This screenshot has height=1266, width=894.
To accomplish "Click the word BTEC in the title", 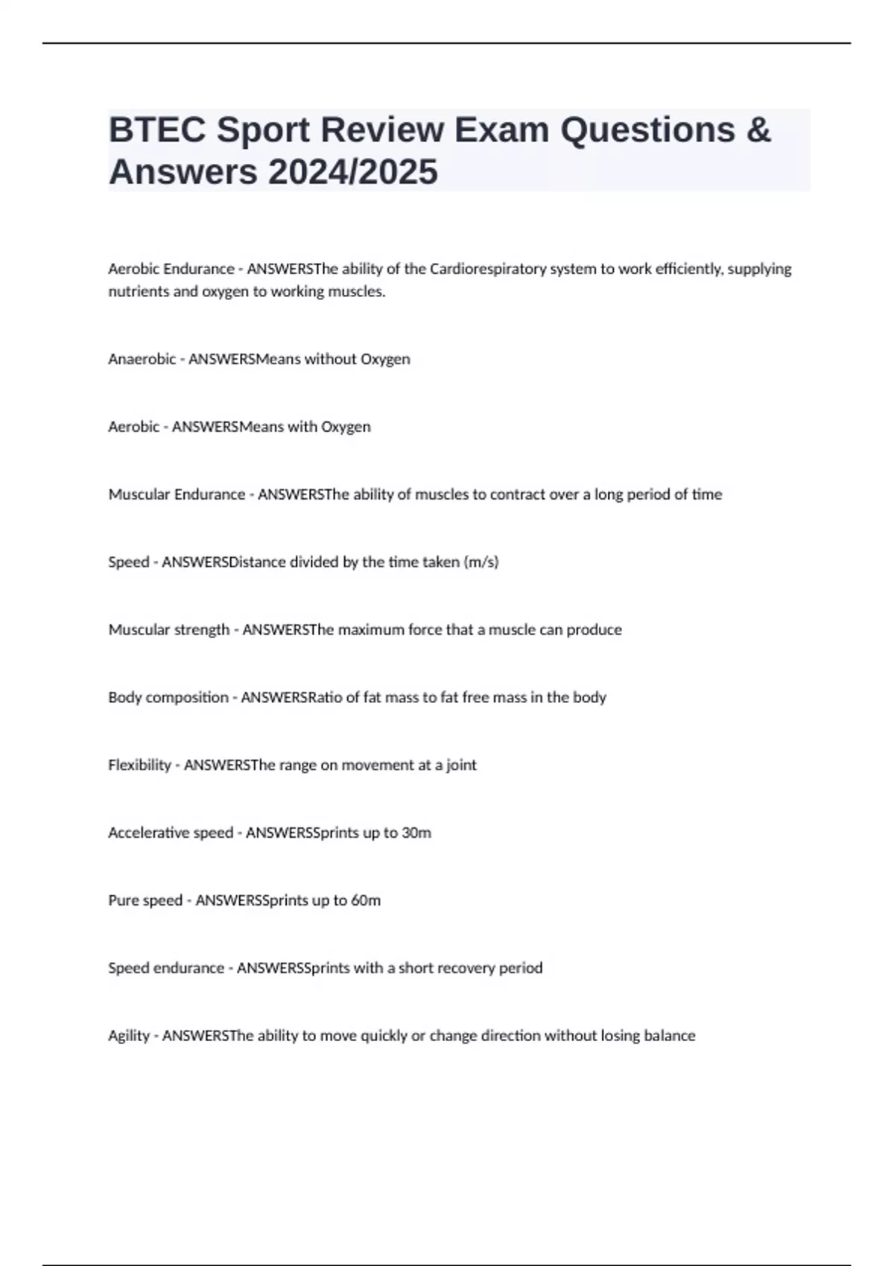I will (x=156, y=130).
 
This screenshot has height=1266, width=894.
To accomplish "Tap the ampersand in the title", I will (x=757, y=130).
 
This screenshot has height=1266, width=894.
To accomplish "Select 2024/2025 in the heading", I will (x=352, y=172).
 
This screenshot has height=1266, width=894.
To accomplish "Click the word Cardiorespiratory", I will (x=488, y=269).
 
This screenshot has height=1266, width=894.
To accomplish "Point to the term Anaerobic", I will (x=142, y=359).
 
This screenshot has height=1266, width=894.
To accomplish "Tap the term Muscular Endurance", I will (x=177, y=494).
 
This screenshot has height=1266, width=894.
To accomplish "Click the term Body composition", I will (x=168, y=698).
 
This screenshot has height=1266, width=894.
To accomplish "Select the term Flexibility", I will (x=139, y=766).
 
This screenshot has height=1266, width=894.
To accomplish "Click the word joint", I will (x=461, y=766).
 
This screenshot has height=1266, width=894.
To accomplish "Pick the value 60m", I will (x=366, y=901).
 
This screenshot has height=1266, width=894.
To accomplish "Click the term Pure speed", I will (x=145, y=901).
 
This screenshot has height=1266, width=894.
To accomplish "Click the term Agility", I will (x=129, y=1036).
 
